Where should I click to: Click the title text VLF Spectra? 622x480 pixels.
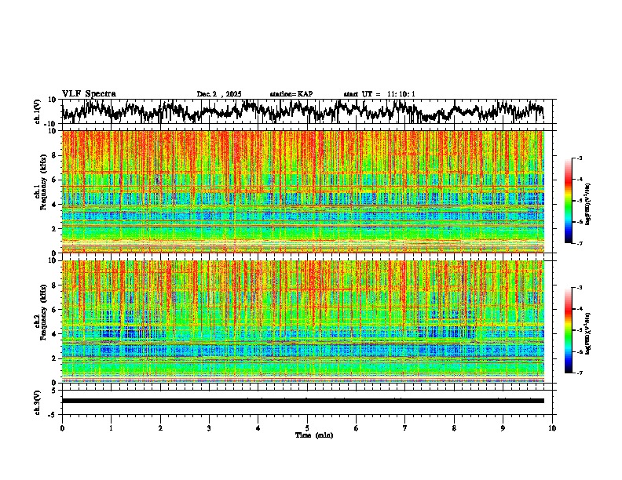coord(89,93)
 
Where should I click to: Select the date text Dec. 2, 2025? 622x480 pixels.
coord(219,94)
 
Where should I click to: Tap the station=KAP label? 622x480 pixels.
coord(291,94)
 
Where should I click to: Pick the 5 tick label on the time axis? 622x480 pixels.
coord(307,428)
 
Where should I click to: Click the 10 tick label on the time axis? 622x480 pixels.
coord(552,428)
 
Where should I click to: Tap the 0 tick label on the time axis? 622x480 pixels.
coord(62,428)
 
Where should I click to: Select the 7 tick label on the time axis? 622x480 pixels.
coord(405,428)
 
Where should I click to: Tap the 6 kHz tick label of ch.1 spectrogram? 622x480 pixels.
coord(55,180)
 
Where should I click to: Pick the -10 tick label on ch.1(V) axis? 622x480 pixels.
coord(52,124)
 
